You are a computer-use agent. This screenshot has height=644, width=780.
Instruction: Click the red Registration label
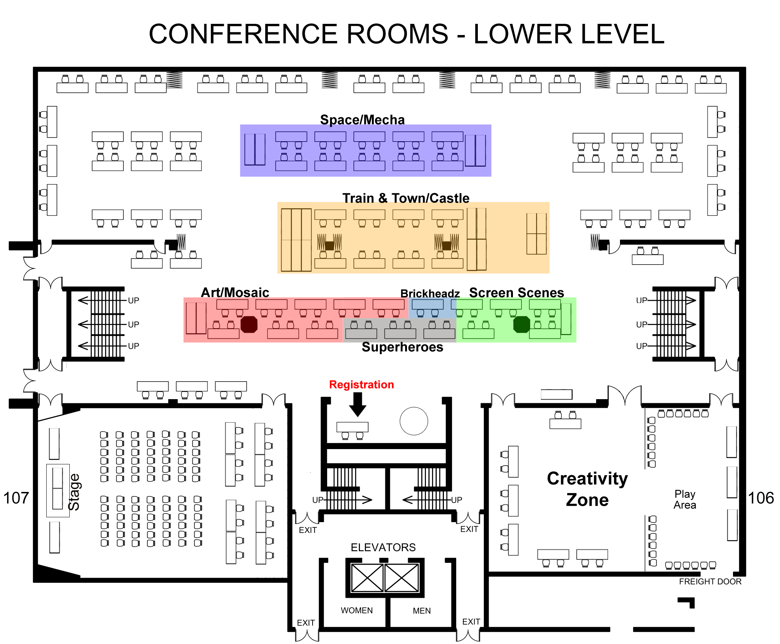[x=361, y=385]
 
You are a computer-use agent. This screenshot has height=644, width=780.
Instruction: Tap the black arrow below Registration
[x=358, y=404]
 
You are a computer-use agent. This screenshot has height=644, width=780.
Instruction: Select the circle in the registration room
[x=414, y=421]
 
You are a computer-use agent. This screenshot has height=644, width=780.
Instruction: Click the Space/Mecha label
[x=362, y=120]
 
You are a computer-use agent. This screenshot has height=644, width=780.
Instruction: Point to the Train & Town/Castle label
[x=406, y=198]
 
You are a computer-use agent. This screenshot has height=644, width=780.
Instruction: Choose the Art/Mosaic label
[x=235, y=293]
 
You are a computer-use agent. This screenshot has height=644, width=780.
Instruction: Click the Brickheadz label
[x=430, y=294]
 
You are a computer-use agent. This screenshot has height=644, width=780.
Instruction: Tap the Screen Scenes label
[x=516, y=293]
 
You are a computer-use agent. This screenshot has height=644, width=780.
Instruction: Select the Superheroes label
[x=402, y=347]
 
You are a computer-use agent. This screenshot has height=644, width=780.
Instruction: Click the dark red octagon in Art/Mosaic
[x=249, y=324]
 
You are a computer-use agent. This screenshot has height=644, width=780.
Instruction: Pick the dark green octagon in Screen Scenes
[x=521, y=324]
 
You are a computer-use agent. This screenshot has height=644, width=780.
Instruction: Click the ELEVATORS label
[x=383, y=547]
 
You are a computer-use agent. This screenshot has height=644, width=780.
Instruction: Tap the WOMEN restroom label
[x=357, y=610]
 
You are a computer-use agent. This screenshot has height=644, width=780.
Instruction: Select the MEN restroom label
[x=422, y=611]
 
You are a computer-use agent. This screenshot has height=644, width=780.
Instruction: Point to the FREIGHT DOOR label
[x=710, y=581]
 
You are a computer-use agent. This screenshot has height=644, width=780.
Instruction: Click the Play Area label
[x=685, y=499]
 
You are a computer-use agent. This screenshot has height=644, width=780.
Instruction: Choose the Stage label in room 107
[x=74, y=492]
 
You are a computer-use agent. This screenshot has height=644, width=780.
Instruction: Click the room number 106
[x=761, y=498]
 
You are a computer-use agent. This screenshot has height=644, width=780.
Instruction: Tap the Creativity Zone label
[x=588, y=489]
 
